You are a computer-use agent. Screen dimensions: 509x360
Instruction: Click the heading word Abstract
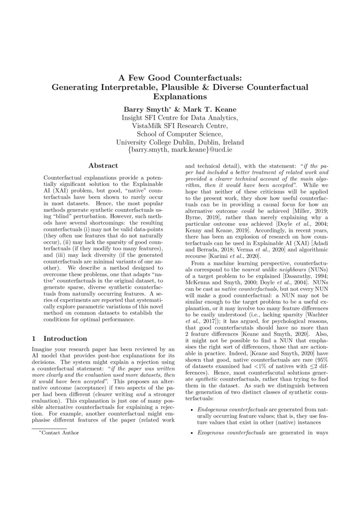pos(103,166)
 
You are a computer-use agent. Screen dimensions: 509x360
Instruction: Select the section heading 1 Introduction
pos(60,338)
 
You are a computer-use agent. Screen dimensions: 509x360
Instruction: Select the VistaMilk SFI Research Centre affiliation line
pos(180,125)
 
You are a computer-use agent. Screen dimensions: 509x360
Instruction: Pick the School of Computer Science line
pos(180,134)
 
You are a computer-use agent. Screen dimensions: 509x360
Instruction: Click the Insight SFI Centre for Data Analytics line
pos(180,118)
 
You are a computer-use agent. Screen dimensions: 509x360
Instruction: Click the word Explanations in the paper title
pos(180,96)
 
